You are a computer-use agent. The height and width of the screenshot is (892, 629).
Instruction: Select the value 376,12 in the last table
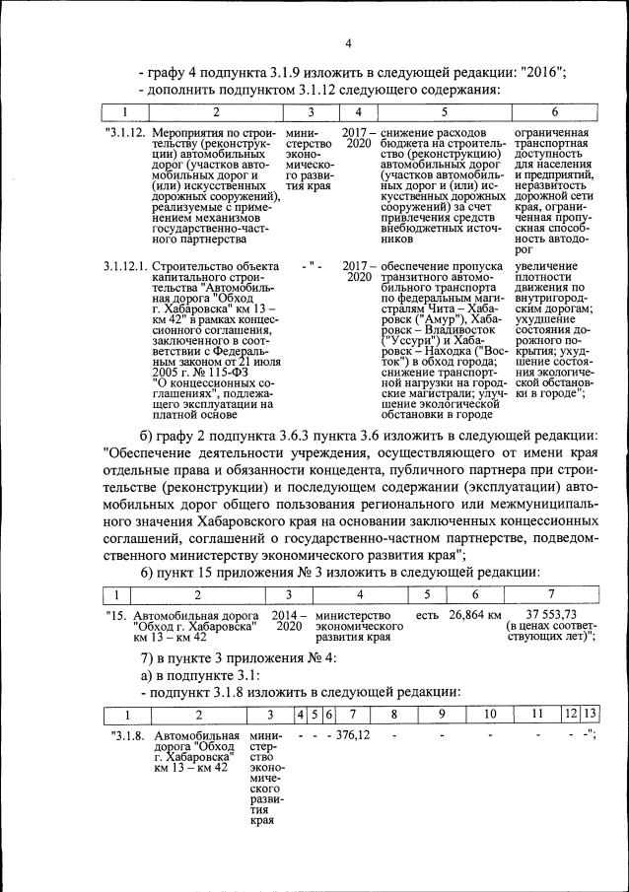point(352,736)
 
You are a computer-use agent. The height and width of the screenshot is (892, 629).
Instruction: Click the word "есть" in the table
point(427,615)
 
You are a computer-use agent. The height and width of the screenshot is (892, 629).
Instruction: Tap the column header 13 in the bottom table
point(590,713)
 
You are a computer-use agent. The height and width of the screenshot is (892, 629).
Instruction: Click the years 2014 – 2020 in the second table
point(289,621)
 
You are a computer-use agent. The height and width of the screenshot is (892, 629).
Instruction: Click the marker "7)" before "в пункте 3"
point(148,657)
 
